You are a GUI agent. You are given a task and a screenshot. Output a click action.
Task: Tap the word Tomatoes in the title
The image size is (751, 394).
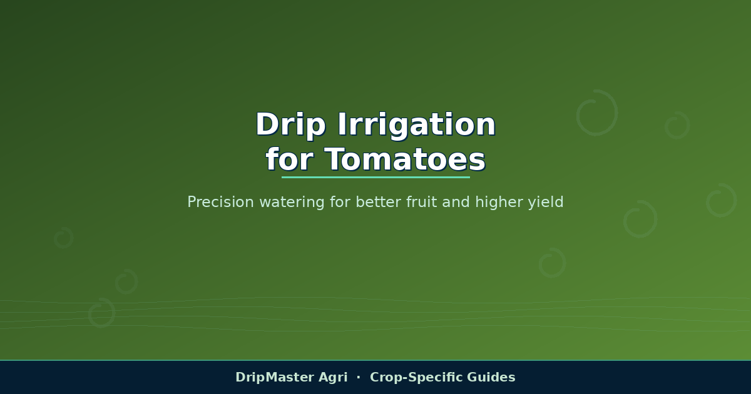(x=406, y=159)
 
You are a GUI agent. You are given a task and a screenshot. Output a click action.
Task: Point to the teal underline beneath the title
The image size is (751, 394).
(x=375, y=177)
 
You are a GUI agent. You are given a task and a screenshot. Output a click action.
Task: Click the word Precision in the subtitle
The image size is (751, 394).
(x=220, y=202)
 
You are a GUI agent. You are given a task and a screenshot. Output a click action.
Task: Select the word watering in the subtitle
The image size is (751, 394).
(x=292, y=203)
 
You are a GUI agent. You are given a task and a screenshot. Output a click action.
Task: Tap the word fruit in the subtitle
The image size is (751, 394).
(x=421, y=202)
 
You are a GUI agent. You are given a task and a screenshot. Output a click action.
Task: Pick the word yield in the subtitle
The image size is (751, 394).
(x=546, y=203)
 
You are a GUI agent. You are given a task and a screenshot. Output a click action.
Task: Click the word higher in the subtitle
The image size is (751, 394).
(x=499, y=203)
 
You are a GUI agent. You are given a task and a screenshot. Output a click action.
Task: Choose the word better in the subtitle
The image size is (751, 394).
(x=379, y=202)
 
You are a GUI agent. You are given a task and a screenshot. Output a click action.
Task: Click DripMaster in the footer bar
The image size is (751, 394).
(x=274, y=377)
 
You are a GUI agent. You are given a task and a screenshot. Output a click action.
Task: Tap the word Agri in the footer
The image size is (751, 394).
(x=333, y=378)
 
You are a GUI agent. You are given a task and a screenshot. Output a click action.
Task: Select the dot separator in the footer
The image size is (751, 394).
(x=359, y=377)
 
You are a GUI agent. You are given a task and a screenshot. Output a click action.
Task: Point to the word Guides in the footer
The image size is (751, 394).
(x=491, y=377)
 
